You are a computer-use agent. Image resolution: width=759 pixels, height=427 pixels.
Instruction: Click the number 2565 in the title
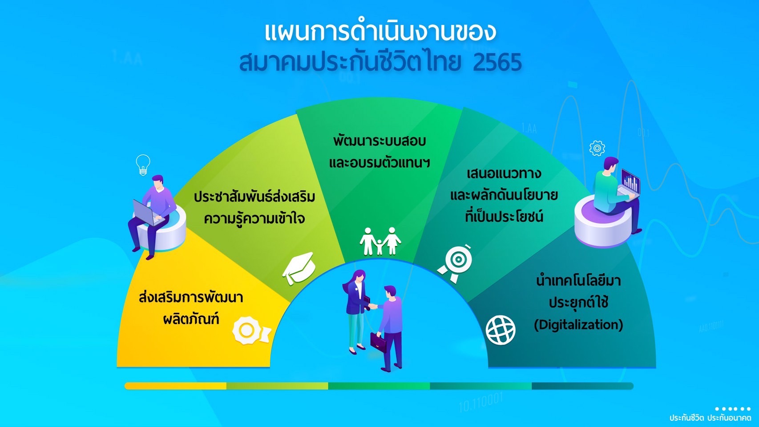pyautogui.click(x=497, y=62)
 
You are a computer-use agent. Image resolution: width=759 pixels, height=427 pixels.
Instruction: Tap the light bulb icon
pyautogui.click(x=143, y=165)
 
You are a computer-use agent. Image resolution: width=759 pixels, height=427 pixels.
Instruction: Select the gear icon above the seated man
pyautogui.click(x=597, y=148)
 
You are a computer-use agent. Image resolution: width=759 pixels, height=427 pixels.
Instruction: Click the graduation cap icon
pyautogui.click(x=299, y=268)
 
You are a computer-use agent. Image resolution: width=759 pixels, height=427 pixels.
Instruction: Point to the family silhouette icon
pyautogui.click(x=380, y=241)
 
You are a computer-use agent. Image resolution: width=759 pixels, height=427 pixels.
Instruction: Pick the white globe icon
pyautogui.click(x=501, y=330)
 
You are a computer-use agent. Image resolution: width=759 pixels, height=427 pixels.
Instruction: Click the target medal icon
pyautogui.click(x=455, y=262)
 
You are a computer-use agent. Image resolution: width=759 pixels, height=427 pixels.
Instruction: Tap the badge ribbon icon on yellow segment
pyautogui.click(x=251, y=330)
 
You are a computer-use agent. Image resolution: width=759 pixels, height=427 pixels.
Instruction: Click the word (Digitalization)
pyautogui.click(x=578, y=325)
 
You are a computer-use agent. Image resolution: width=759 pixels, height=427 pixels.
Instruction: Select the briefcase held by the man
pyautogui.click(x=378, y=342)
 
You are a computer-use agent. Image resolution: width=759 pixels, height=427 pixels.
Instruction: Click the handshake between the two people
pyautogui.click(x=372, y=306)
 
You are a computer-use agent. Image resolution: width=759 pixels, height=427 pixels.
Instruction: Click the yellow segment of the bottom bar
pyautogui.click(x=176, y=386)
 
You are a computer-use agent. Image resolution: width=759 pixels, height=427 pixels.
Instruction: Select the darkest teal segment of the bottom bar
pyautogui.click(x=582, y=386)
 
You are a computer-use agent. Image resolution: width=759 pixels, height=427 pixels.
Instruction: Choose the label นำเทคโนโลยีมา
pyautogui.click(x=578, y=281)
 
